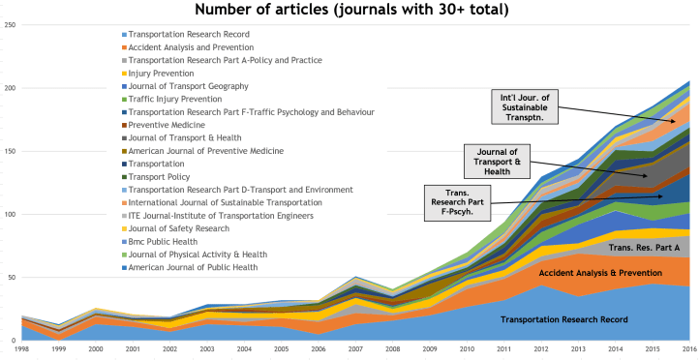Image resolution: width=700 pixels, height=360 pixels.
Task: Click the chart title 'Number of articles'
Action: point(350,11)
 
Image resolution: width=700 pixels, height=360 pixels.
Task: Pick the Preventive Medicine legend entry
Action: point(167,125)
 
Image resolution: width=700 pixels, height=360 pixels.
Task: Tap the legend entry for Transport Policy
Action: point(159,176)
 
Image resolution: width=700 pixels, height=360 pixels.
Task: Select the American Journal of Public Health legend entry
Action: point(194,267)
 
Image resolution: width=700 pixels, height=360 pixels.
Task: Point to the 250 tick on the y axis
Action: point(10,24)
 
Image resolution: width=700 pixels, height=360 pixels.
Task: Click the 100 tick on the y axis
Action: point(10,214)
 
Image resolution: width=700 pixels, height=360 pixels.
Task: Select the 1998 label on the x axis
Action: point(20,349)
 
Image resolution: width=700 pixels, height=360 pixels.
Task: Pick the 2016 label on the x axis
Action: point(687,349)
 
